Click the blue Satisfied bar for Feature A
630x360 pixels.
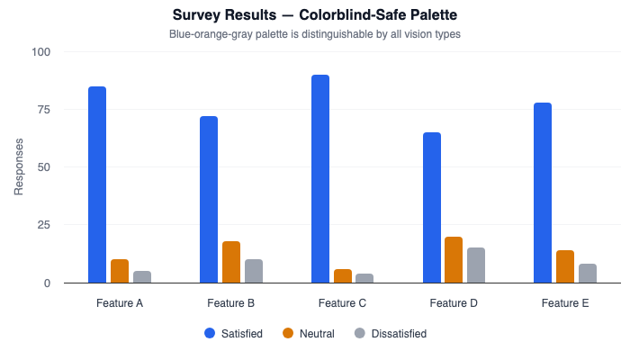tap(97, 184)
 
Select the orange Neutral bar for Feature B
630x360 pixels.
tap(231, 262)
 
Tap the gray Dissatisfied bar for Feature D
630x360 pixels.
tap(476, 265)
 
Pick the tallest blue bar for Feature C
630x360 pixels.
tap(320, 179)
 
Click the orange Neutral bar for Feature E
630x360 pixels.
tap(565, 266)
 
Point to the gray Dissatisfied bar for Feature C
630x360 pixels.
tap(364, 278)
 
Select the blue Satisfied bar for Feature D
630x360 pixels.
tap(432, 208)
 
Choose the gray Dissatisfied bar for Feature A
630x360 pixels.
tap(142, 277)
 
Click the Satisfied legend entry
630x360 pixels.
tap(233, 334)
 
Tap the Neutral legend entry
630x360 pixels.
tap(308, 334)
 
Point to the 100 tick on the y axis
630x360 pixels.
tap(42, 52)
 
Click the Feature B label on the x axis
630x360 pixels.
tap(231, 303)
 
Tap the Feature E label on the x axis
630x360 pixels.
tap(565, 303)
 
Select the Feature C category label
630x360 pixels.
tap(342, 303)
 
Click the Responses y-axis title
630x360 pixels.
tap(19, 167)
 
